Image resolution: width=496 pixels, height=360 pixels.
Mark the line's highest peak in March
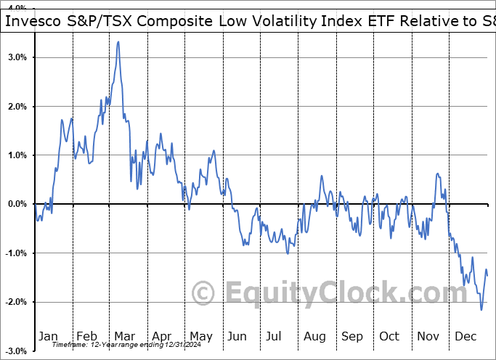118,42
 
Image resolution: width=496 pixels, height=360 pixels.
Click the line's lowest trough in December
481,310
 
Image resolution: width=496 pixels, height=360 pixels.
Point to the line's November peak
437,173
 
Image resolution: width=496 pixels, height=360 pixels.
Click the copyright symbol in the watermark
203,293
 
